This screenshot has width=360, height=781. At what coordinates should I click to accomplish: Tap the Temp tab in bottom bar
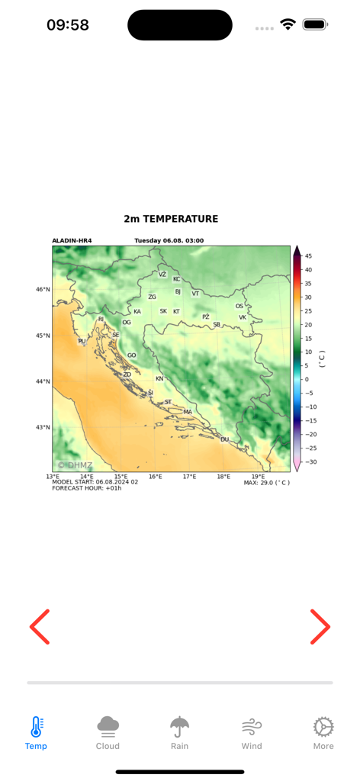click(36, 733)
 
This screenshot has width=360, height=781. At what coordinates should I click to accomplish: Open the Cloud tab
click(108, 733)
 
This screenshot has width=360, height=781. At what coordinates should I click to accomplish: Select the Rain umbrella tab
click(179, 733)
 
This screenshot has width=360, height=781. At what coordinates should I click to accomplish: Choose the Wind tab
click(252, 733)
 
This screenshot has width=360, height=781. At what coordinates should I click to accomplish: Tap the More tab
click(323, 733)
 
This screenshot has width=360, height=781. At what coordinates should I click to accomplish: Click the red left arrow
click(40, 627)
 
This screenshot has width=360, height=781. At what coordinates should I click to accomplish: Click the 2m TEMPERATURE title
click(171, 219)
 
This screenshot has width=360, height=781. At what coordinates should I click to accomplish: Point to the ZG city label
click(152, 297)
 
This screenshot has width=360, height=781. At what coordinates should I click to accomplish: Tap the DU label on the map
click(224, 439)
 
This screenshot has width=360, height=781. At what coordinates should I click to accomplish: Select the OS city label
click(239, 306)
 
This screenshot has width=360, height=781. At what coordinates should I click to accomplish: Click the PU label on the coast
click(82, 342)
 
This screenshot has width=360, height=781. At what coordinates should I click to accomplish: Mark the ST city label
click(168, 402)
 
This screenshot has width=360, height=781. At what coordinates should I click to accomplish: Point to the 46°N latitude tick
click(43, 289)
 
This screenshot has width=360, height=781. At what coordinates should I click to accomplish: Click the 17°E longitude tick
click(189, 477)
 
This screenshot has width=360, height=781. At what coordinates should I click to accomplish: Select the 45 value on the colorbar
click(308, 256)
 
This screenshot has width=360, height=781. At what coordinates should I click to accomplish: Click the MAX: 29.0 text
click(266, 483)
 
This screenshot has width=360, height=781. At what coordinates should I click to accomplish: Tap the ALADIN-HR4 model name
click(72, 241)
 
